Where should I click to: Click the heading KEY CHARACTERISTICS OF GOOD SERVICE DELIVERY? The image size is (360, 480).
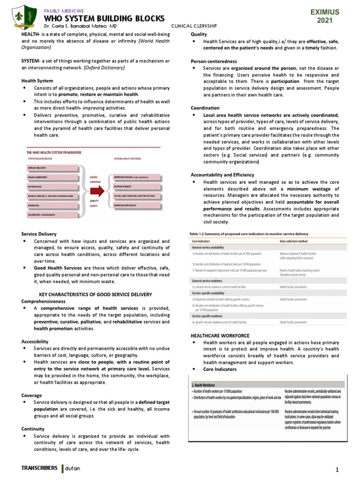[x=95, y=294]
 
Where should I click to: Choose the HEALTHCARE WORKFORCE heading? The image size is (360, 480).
[x=220, y=336]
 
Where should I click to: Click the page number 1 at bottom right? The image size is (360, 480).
[x=337, y=470]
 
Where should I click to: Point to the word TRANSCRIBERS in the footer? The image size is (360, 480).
[x=40, y=468]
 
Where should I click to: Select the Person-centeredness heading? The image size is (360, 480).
[x=214, y=61]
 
